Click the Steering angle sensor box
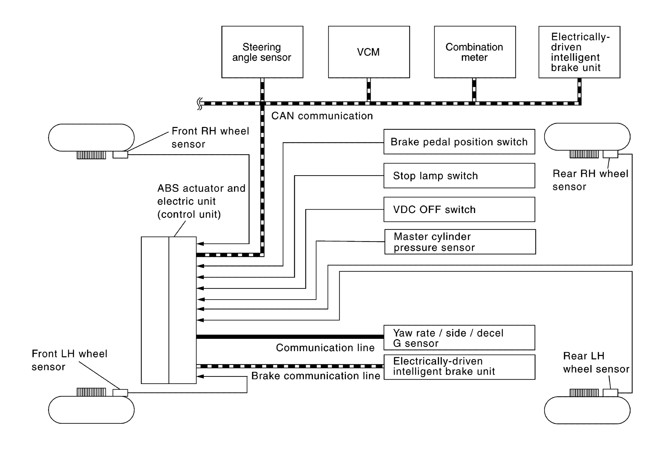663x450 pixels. click(262, 52)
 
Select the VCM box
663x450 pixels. click(369, 52)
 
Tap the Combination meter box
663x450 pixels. click(475, 52)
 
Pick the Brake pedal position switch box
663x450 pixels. click(459, 142)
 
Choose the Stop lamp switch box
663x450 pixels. click(459, 176)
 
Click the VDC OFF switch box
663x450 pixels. click(459, 209)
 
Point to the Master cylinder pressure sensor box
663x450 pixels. click(460, 242)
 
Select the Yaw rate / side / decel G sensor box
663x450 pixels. click(459, 338)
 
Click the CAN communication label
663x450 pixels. click(322, 116)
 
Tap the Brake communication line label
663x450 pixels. click(316, 376)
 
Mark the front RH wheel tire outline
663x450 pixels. click(91, 138)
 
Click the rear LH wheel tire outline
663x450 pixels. click(587, 410)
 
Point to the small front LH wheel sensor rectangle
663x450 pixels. click(120, 393)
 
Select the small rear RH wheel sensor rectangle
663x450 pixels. click(610, 154)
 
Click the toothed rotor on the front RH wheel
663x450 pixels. click(91, 155)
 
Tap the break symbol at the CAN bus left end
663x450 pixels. click(200, 104)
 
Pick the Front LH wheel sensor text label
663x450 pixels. click(69, 360)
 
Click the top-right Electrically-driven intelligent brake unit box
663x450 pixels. click(579, 52)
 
